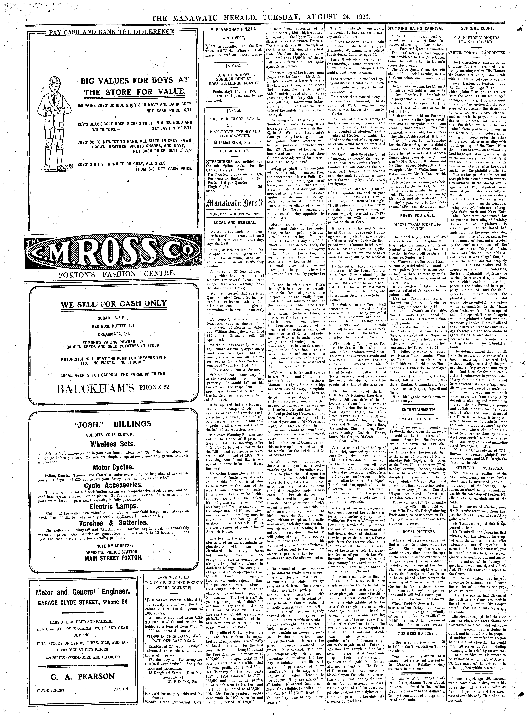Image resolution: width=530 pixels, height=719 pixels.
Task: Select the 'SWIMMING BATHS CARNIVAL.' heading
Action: (x=416, y=29)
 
